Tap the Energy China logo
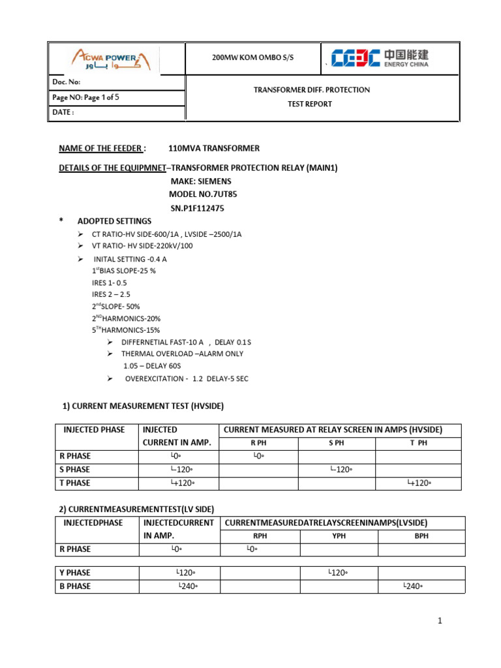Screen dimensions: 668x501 coord(379,58)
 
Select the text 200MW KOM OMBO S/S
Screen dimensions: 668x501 coord(253,57)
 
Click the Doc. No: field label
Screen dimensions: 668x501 coord(66,82)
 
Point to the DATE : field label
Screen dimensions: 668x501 coord(63,112)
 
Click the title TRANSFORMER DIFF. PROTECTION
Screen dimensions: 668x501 coord(311,89)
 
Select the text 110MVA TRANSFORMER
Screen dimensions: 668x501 coord(213,148)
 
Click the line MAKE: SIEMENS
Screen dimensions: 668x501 coord(201,181)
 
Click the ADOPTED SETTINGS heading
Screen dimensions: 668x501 coord(114,221)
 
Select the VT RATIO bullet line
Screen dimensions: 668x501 coord(142,246)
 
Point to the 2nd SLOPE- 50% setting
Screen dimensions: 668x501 coord(115,306)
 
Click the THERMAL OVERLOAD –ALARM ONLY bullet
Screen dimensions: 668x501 coord(182,354)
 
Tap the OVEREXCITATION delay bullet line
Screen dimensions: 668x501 coord(187,378)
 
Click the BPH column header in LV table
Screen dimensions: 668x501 coord(421,536)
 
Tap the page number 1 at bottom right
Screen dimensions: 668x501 coord(440,621)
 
